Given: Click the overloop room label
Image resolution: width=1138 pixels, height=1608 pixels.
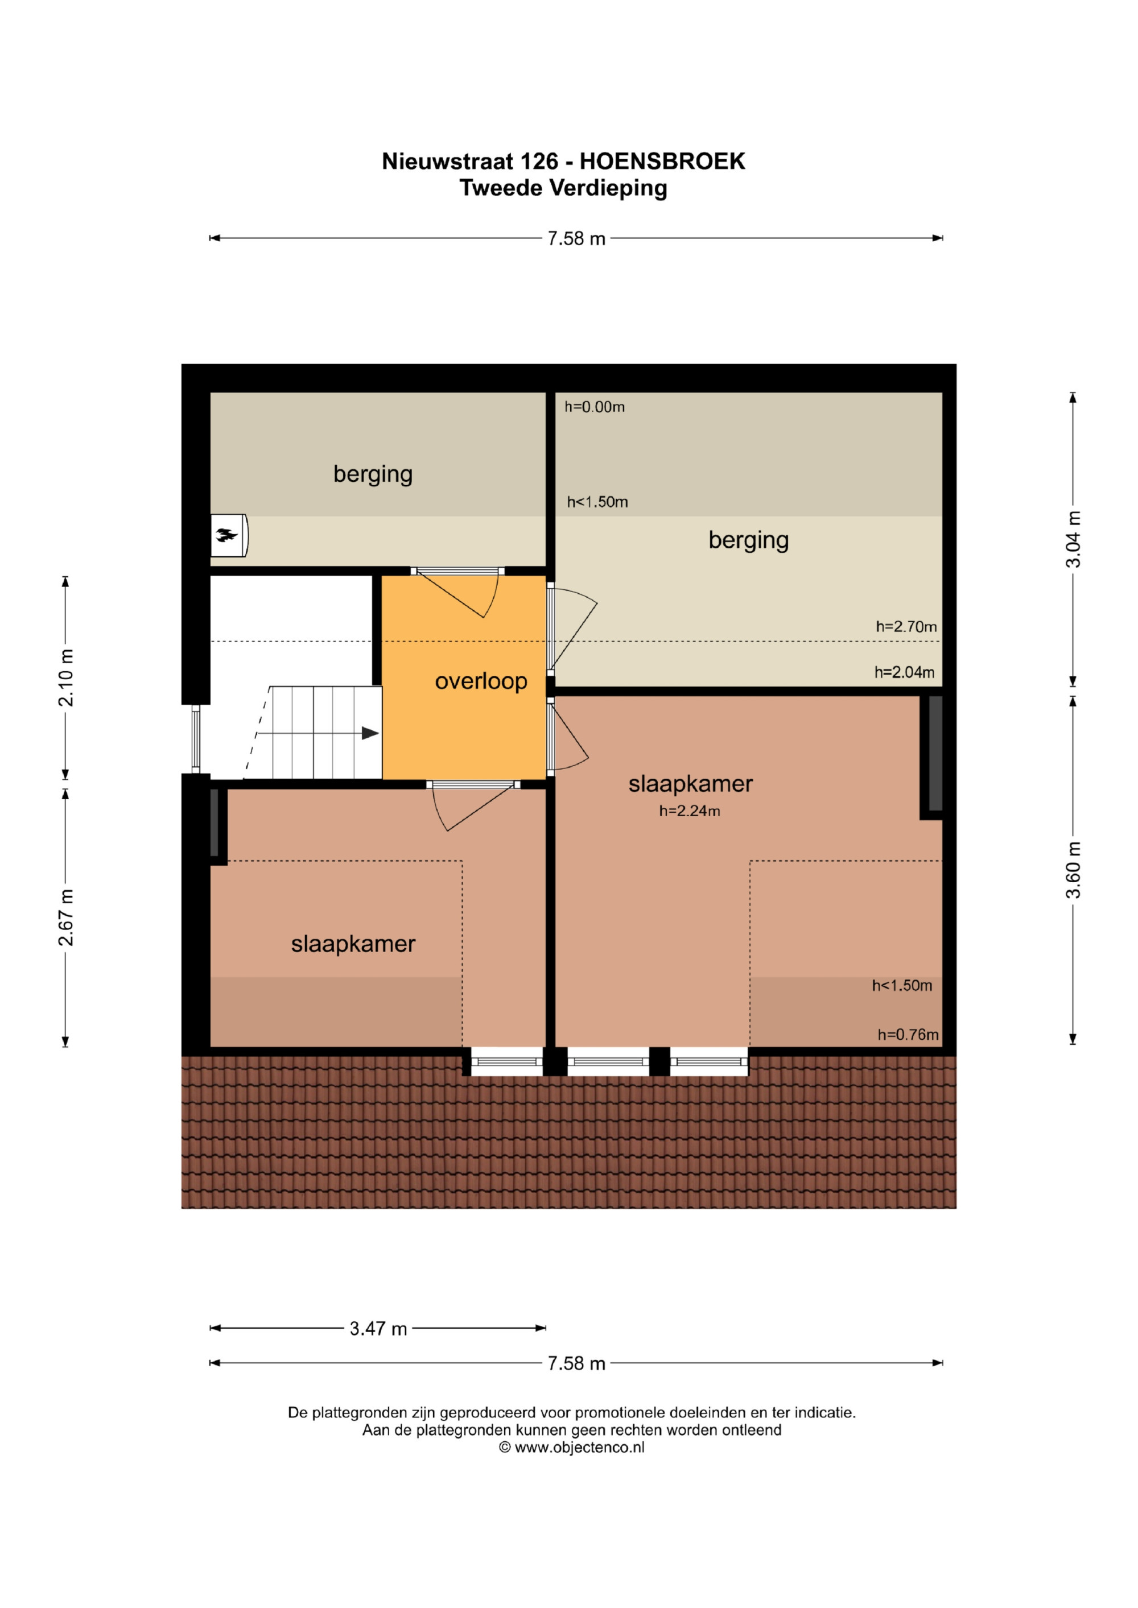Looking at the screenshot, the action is [x=481, y=681].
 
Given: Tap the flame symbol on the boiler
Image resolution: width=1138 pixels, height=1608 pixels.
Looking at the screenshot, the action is [x=226, y=536].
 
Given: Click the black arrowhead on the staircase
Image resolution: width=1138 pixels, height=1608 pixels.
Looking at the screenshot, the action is [x=370, y=733].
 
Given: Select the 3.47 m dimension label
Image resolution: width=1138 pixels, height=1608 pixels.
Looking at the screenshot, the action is [x=378, y=1329].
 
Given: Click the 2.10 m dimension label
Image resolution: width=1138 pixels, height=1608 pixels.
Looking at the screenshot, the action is [x=65, y=677].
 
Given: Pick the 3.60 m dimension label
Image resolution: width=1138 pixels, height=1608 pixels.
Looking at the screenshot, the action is [x=1074, y=870].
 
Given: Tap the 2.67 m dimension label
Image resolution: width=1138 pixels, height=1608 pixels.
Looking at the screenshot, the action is [x=65, y=917].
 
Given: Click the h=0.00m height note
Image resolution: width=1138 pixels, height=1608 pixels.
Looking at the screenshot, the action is [x=595, y=407].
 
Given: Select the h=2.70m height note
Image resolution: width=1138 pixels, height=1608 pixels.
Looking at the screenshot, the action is [x=906, y=627].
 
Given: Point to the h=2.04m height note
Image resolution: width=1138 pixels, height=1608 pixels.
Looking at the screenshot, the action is [x=905, y=673].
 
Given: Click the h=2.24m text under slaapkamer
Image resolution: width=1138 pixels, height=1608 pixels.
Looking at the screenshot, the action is [x=690, y=811].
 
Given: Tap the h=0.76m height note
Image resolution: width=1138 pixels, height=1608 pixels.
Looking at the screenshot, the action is [x=908, y=1035].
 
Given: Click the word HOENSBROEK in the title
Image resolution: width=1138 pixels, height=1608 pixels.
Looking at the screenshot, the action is [x=662, y=162].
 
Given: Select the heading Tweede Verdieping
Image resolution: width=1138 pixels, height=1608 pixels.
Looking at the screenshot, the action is [x=563, y=188].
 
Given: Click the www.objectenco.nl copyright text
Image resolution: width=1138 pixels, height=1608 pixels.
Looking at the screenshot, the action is [x=572, y=1448].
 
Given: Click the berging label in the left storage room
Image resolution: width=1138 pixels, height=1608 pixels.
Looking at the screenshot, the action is [x=373, y=475].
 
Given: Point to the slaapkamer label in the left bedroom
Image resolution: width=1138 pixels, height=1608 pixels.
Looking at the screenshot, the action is [x=353, y=945].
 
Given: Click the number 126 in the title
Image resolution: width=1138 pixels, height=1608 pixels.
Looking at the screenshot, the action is [x=539, y=162].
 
